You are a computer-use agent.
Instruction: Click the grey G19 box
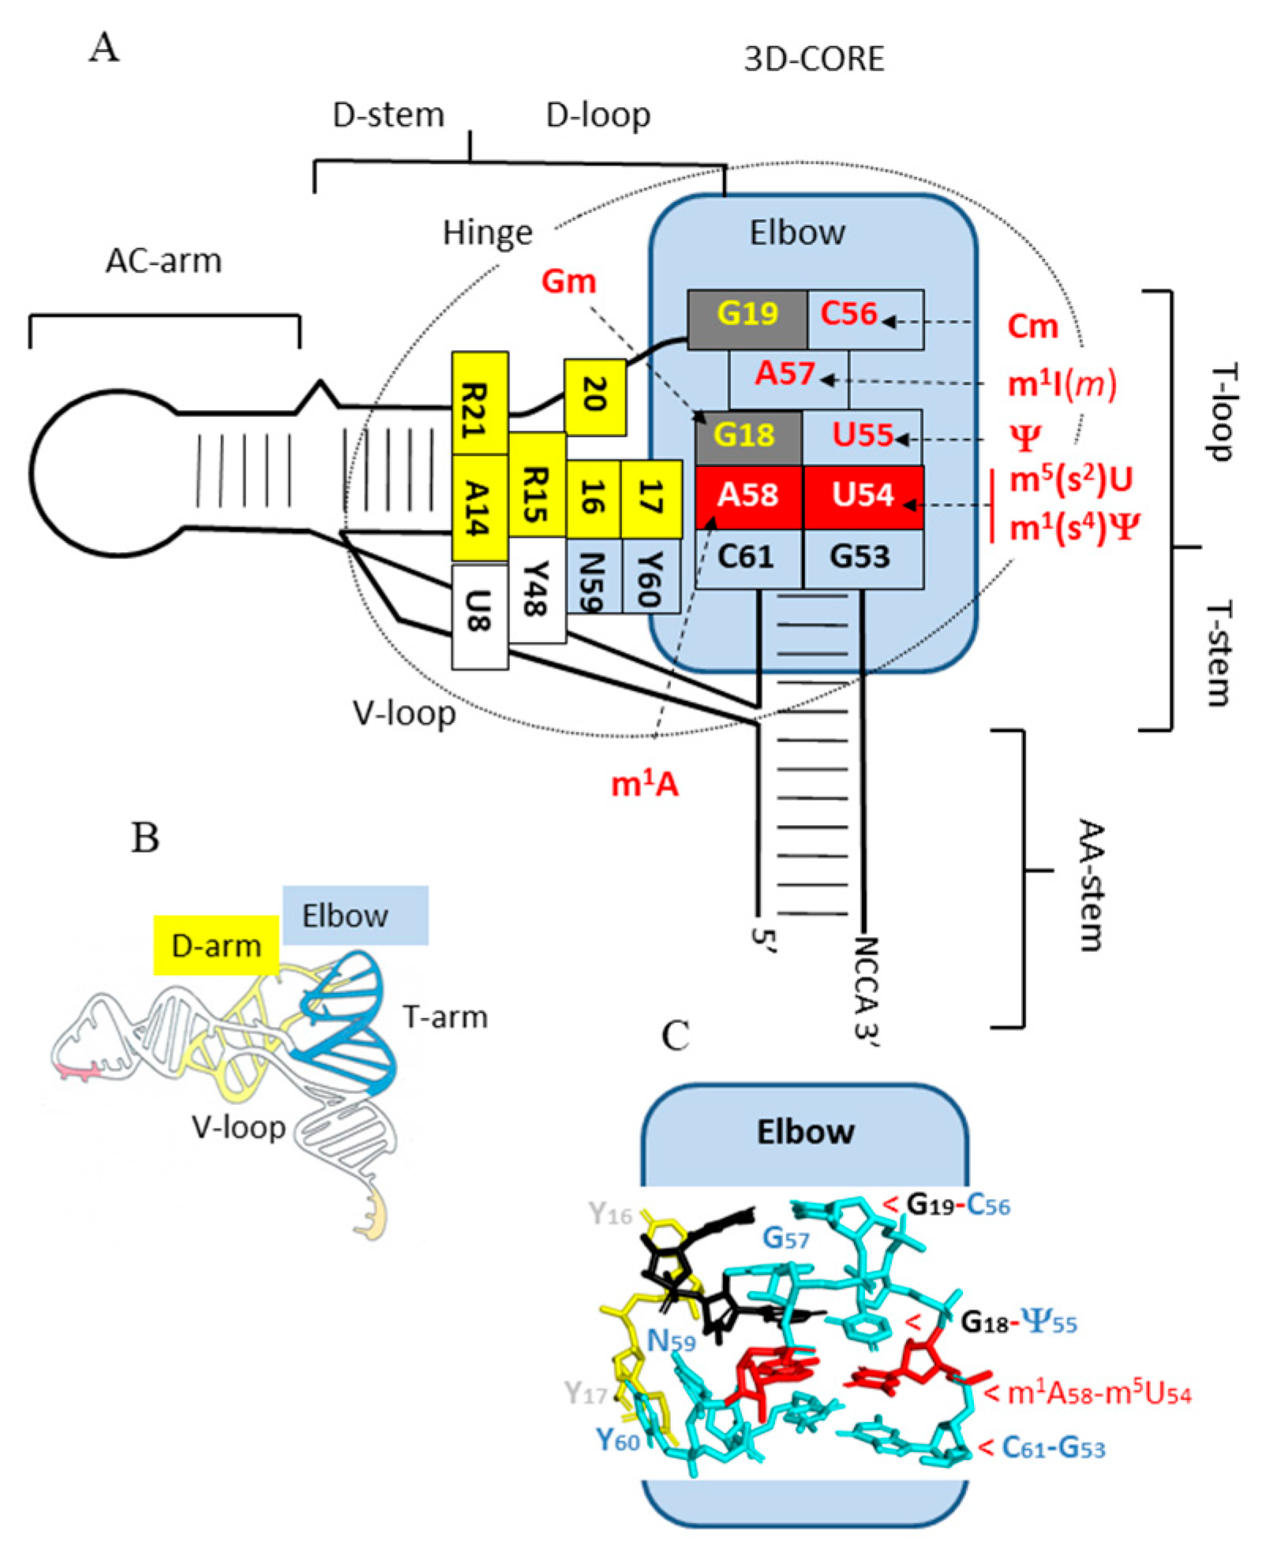tap(747, 319)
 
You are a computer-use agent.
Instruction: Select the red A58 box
tap(748, 497)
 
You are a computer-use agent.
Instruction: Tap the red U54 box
tap(863, 497)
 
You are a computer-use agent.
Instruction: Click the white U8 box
tap(479, 617)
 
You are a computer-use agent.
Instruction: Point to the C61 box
tap(747, 558)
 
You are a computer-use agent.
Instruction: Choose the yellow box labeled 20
tap(594, 396)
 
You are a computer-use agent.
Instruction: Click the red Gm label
tap(568, 282)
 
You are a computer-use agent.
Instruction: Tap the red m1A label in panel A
tap(645, 784)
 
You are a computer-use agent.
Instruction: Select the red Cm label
tap(1032, 326)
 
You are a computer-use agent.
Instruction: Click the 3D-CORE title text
tap(813, 59)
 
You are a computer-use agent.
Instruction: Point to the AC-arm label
tap(163, 260)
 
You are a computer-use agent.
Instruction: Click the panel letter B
tap(144, 838)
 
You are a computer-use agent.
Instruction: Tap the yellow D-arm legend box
tap(215, 945)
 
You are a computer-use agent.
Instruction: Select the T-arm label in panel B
tap(444, 1017)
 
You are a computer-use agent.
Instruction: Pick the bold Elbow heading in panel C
tap(805, 1131)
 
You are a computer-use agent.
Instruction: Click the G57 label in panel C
tap(785, 1238)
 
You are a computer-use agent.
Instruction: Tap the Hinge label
tap(487, 233)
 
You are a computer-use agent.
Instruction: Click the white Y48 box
tap(537, 589)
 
